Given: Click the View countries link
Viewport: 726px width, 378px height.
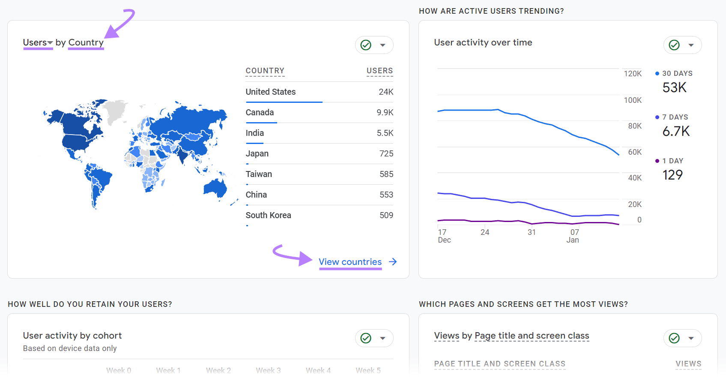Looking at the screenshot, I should (x=350, y=262).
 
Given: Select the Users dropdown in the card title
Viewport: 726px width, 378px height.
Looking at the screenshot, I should (x=38, y=42).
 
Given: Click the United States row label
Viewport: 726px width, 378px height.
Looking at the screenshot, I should (x=270, y=92).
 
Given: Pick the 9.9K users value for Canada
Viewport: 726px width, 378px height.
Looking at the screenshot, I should (x=385, y=112).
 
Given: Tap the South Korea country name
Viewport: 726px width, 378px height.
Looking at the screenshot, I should (x=268, y=215).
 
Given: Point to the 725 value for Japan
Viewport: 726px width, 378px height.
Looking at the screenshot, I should (x=386, y=153).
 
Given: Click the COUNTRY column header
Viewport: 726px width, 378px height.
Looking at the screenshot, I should (x=265, y=71).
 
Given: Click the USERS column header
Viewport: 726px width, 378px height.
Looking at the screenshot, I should (x=379, y=71).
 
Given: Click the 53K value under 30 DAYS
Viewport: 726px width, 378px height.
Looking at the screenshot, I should (x=674, y=87).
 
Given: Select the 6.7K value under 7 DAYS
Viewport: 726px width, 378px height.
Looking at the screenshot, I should (x=676, y=131).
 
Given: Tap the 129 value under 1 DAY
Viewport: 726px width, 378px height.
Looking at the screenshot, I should (x=672, y=175).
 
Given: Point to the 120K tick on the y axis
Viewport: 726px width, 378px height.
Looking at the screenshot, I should (x=632, y=74).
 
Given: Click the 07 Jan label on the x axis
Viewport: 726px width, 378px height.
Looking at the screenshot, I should (x=573, y=236).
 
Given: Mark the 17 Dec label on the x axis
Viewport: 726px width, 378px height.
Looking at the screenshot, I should (x=444, y=236).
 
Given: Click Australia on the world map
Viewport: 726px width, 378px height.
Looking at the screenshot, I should (x=215, y=188).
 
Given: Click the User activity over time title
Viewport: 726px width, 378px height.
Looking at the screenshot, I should (x=483, y=42).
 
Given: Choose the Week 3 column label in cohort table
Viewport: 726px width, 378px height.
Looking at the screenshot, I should (x=268, y=370).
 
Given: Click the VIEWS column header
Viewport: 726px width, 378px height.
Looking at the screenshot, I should (x=688, y=364).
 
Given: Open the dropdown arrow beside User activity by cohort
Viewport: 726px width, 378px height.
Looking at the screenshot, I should (x=383, y=338).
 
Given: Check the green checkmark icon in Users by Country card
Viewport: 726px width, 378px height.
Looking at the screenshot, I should (x=366, y=45).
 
